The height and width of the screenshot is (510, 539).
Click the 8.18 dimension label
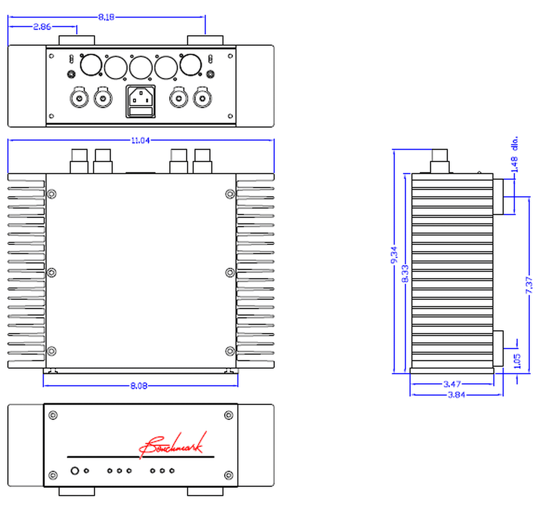pyautogui.click(x=106, y=17)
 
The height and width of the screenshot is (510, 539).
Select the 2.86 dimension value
pyautogui.click(x=42, y=27)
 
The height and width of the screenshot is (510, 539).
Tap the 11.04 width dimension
pyautogui.click(x=140, y=140)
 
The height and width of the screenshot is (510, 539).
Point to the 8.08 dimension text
pyautogui.click(x=139, y=386)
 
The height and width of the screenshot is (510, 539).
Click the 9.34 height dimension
pyautogui.click(x=394, y=255)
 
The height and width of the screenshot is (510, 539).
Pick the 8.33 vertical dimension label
pyautogui.click(x=405, y=273)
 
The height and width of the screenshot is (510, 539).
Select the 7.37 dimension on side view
pyautogui.click(x=529, y=285)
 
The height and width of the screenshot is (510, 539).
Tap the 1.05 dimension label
pyautogui.click(x=517, y=361)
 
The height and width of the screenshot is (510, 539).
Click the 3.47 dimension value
pyautogui.click(x=452, y=384)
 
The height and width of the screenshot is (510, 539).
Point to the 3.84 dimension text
pyautogui.click(x=456, y=395)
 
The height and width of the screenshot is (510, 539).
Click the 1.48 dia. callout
pyautogui.click(x=514, y=155)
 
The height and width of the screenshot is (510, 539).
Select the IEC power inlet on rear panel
pyautogui.click(x=141, y=101)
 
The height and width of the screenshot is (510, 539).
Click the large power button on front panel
pyautogui.click(x=75, y=471)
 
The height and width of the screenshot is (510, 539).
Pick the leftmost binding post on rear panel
pyautogui.click(x=79, y=98)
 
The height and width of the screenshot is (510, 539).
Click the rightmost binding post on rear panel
pyautogui.click(x=202, y=98)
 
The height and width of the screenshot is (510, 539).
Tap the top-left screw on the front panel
pyautogui.click(x=53, y=415)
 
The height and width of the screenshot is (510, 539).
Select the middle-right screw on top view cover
pyautogui.click(x=230, y=272)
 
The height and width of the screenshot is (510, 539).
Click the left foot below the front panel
pyautogui.click(x=77, y=491)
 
